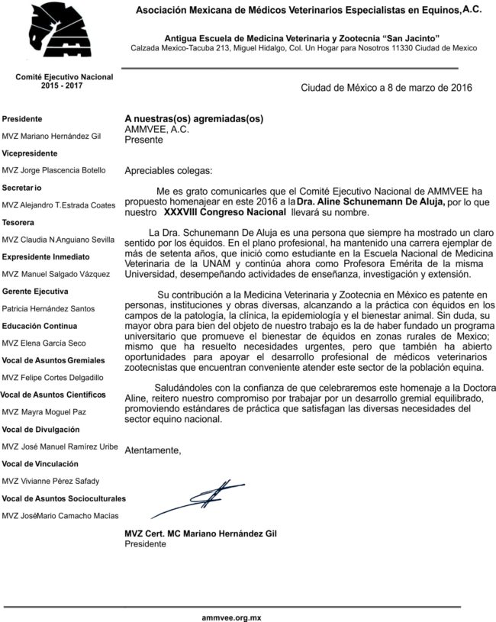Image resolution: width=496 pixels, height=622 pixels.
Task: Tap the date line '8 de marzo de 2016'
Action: click(386, 87)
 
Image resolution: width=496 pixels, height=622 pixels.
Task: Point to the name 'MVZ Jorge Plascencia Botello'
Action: click(54, 170)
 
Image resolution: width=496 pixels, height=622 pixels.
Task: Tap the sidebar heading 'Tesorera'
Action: click(18, 222)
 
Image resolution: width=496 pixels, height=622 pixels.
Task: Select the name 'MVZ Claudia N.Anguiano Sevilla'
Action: click(59, 240)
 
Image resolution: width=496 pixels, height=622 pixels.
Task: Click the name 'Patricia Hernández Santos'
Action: click(49, 308)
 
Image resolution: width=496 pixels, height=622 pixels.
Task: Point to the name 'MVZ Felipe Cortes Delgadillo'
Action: click(55, 377)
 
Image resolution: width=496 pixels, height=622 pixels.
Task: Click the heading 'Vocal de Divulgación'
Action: click(40, 429)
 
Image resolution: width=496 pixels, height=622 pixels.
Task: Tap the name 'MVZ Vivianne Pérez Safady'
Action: click(50, 481)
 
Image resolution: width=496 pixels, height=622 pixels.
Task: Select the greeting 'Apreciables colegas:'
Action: click(169, 170)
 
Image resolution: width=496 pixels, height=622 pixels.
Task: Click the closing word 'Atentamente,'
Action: click(153, 450)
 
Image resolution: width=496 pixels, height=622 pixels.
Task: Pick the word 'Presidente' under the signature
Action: click(144, 544)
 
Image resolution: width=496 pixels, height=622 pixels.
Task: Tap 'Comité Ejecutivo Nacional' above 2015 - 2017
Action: click(64, 77)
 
